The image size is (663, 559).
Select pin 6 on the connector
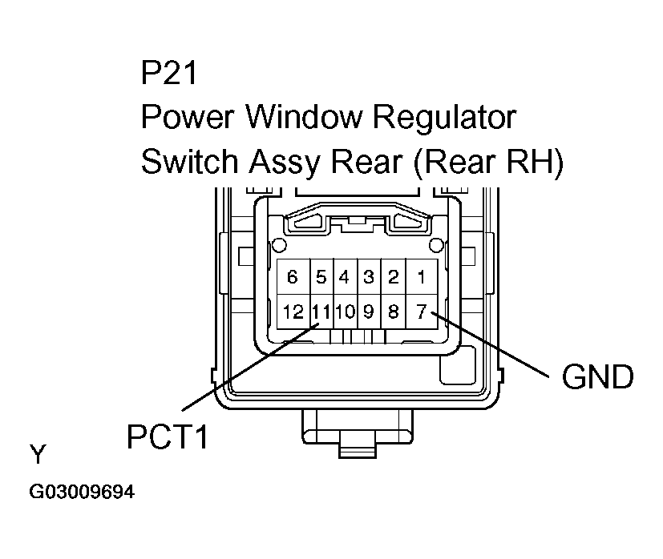click(x=293, y=278)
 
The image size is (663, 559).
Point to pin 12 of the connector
click(x=293, y=312)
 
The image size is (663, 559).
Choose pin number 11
click(x=321, y=312)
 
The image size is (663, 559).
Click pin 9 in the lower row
click(x=369, y=312)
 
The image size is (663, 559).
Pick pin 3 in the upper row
click(x=369, y=278)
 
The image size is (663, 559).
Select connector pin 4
click(x=345, y=278)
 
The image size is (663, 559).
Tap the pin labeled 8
click(x=393, y=312)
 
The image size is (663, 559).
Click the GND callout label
click(x=597, y=376)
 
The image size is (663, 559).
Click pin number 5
click(x=321, y=278)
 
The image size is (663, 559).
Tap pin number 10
click(x=345, y=312)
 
